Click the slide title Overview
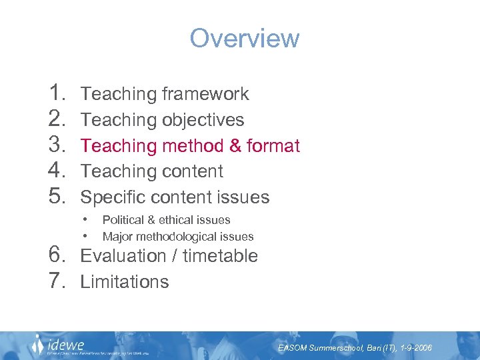coord(245,38)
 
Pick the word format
coord(273,145)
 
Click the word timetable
coord(220,256)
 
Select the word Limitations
coord(125,282)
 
